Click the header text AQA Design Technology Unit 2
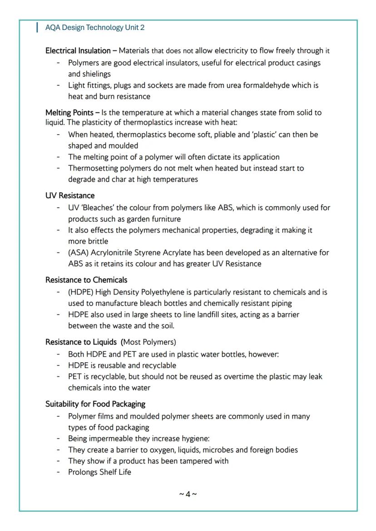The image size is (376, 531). (95, 28)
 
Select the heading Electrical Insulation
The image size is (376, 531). (78, 51)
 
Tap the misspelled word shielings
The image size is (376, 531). (95, 74)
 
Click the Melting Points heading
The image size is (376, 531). (69, 112)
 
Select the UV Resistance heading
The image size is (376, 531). (70, 195)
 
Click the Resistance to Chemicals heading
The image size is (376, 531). (86, 280)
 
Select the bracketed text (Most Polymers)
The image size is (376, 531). (148, 342)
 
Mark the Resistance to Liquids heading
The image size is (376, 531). (81, 342)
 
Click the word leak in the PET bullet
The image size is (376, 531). (315, 376)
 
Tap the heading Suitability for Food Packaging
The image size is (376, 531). (95, 404)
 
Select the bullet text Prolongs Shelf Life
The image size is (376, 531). (99, 472)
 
